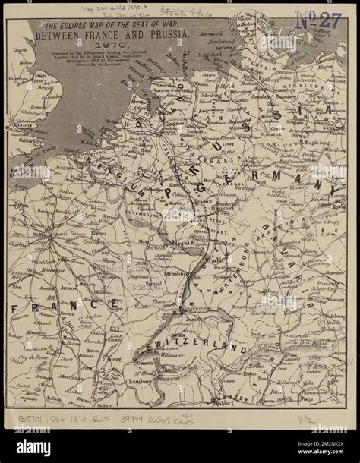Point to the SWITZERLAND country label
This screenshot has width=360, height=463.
201,350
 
